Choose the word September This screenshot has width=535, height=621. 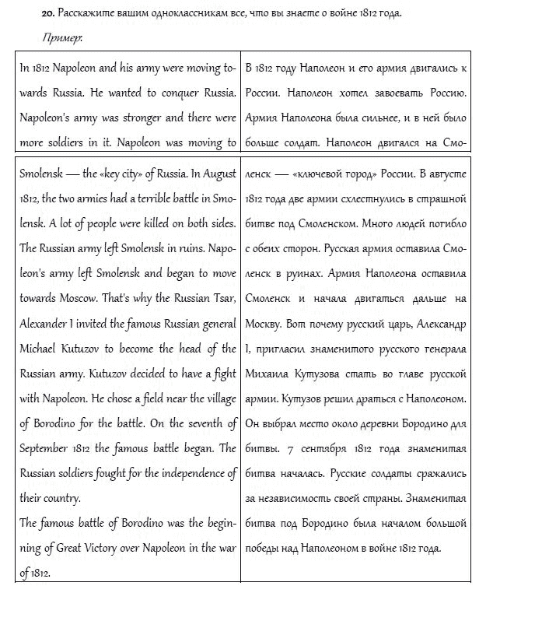tap(46, 448)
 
